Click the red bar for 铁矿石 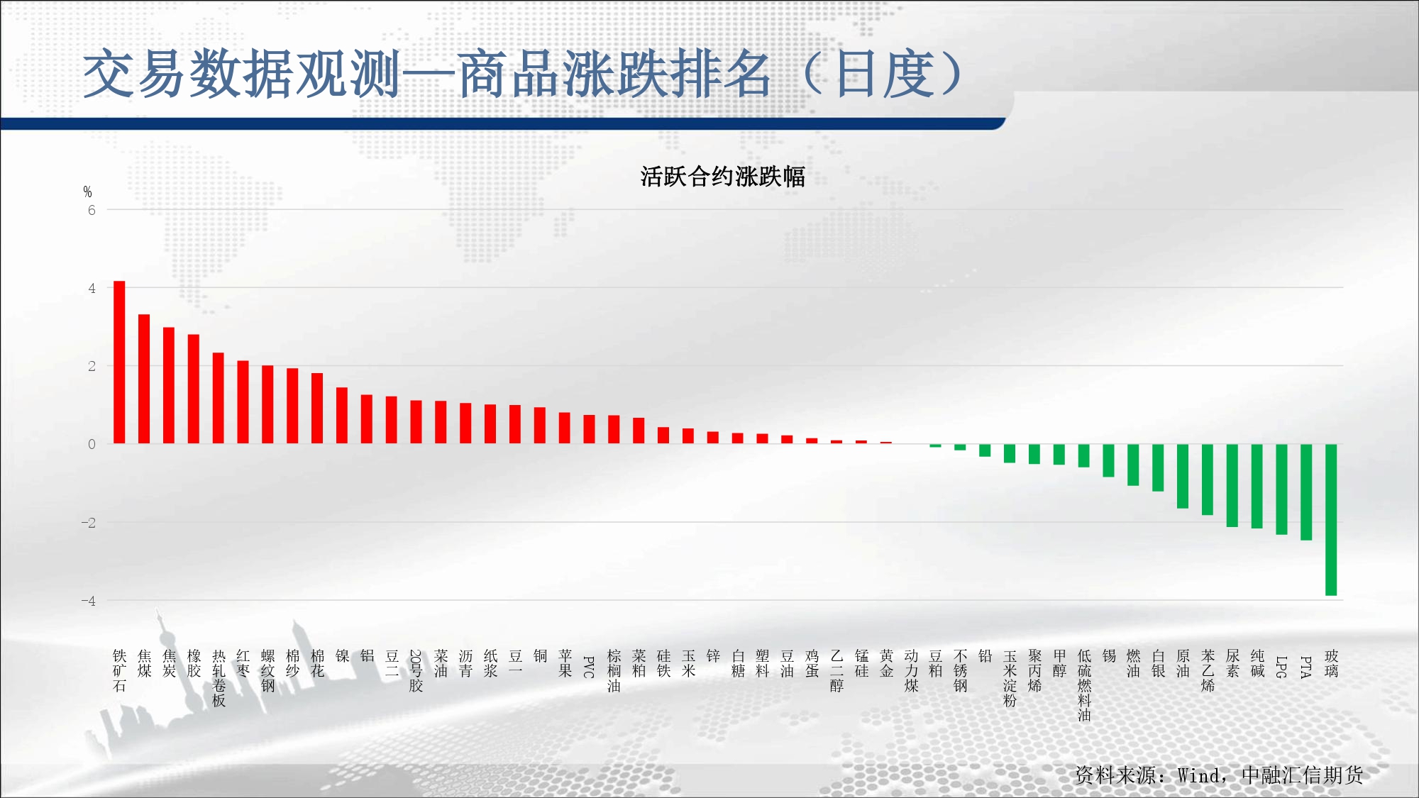[119, 362]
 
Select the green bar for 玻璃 [1331, 520]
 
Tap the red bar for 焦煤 [144, 379]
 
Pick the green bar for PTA [1306, 492]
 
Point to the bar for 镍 [342, 416]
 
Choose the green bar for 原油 [1183, 476]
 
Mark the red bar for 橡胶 [194, 389]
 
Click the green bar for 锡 [1108, 460]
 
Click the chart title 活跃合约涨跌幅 [722, 177]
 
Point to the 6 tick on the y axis [92, 210]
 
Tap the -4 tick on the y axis [88, 601]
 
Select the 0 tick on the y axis [92, 445]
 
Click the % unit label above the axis [87, 192]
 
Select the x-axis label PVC [588, 667]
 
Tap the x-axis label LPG [1281, 667]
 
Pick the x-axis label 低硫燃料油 [1084, 685]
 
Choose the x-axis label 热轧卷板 [219, 678]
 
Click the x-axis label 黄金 [886, 663]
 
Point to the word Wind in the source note [1198, 775]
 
